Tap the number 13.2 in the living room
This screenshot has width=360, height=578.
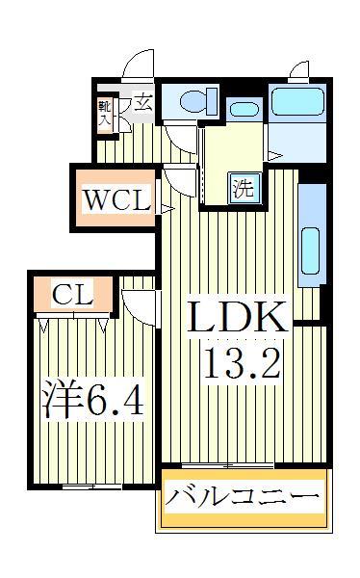pyautogui.click(x=240, y=364)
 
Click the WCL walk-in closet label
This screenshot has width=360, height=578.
pyautogui.click(x=116, y=202)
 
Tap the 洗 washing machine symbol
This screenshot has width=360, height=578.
pyautogui.click(x=244, y=188)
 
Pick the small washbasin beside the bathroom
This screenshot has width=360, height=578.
pyautogui.click(x=244, y=109)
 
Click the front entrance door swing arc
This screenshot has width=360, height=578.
pyautogui.click(x=141, y=63)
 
